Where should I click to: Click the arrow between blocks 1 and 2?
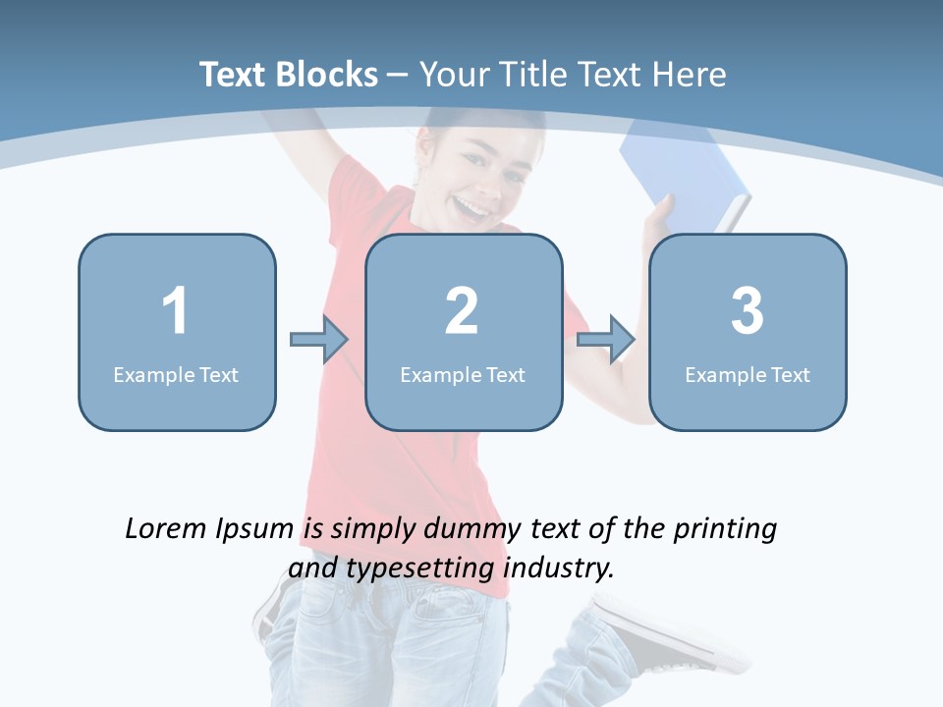coord(319,340)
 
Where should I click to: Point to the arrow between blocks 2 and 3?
coord(606,340)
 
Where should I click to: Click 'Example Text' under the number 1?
coord(176,374)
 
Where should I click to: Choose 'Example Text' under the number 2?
coord(463,374)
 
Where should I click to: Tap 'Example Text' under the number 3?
coord(748,374)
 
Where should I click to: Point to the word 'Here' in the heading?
coord(692,75)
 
